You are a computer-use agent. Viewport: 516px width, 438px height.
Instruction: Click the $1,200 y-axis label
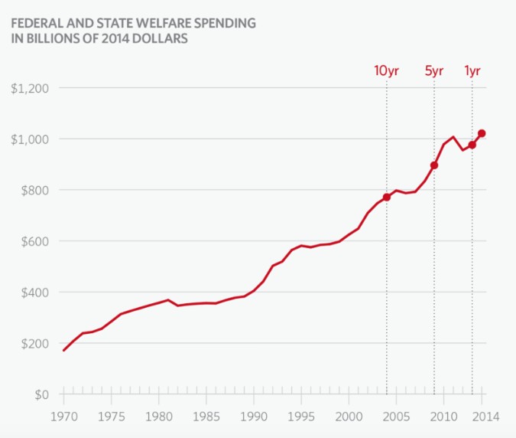tap(30, 88)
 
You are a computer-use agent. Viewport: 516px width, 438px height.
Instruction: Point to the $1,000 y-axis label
tap(30, 139)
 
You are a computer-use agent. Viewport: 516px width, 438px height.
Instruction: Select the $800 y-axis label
tap(34, 190)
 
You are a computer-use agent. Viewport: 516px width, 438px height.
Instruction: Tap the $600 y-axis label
tap(34, 241)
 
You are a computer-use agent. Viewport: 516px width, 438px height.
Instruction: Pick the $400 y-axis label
tap(34, 293)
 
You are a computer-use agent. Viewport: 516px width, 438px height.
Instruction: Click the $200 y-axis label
tap(34, 343)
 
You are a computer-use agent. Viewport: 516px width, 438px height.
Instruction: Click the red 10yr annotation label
tap(386, 71)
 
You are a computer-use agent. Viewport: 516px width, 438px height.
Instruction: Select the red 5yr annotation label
tap(434, 71)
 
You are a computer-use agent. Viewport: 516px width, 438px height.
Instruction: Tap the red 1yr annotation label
tap(472, 71)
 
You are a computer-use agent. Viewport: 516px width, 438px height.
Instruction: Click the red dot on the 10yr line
tap(387, 197)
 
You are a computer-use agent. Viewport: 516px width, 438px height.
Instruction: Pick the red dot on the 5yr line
tap(434, 165)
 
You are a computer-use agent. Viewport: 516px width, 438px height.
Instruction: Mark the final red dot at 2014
tap(482, 133)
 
